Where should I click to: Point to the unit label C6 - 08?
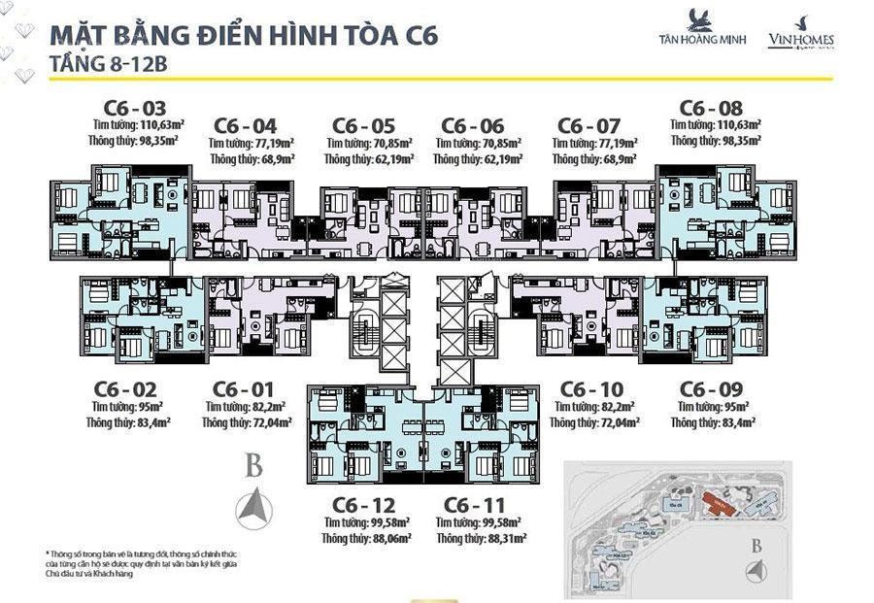[x=711, y=108]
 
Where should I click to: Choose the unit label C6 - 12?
[x=362, y=506]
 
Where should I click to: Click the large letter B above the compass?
[x=253, y=467]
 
